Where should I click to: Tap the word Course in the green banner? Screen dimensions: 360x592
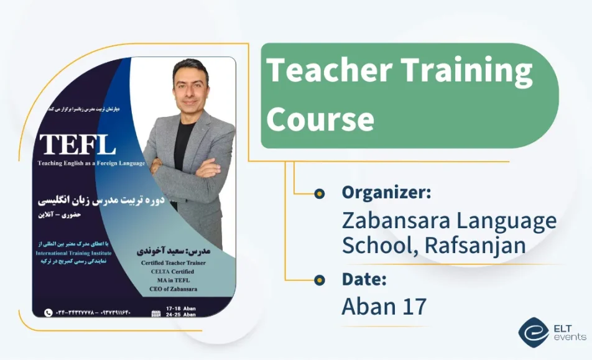click(x=320, y=118)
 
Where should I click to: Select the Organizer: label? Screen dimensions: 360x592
click(x=386, y=193)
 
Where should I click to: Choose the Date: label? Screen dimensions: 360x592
click(x=364, y=279)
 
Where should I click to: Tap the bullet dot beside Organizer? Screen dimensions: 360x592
click(x=319, y=193)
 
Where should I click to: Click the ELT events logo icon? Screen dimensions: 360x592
click(x=534, y=333)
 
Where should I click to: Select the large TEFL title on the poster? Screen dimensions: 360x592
click(x=78, y=145)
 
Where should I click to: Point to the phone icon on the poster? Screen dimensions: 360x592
click(x=49, y=313)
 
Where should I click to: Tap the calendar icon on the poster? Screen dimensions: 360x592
click(x=156, y=313)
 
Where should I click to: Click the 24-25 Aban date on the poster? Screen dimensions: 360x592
click(x=182, y=315)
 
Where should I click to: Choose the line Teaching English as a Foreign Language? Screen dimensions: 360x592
click(x=91, y=164)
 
